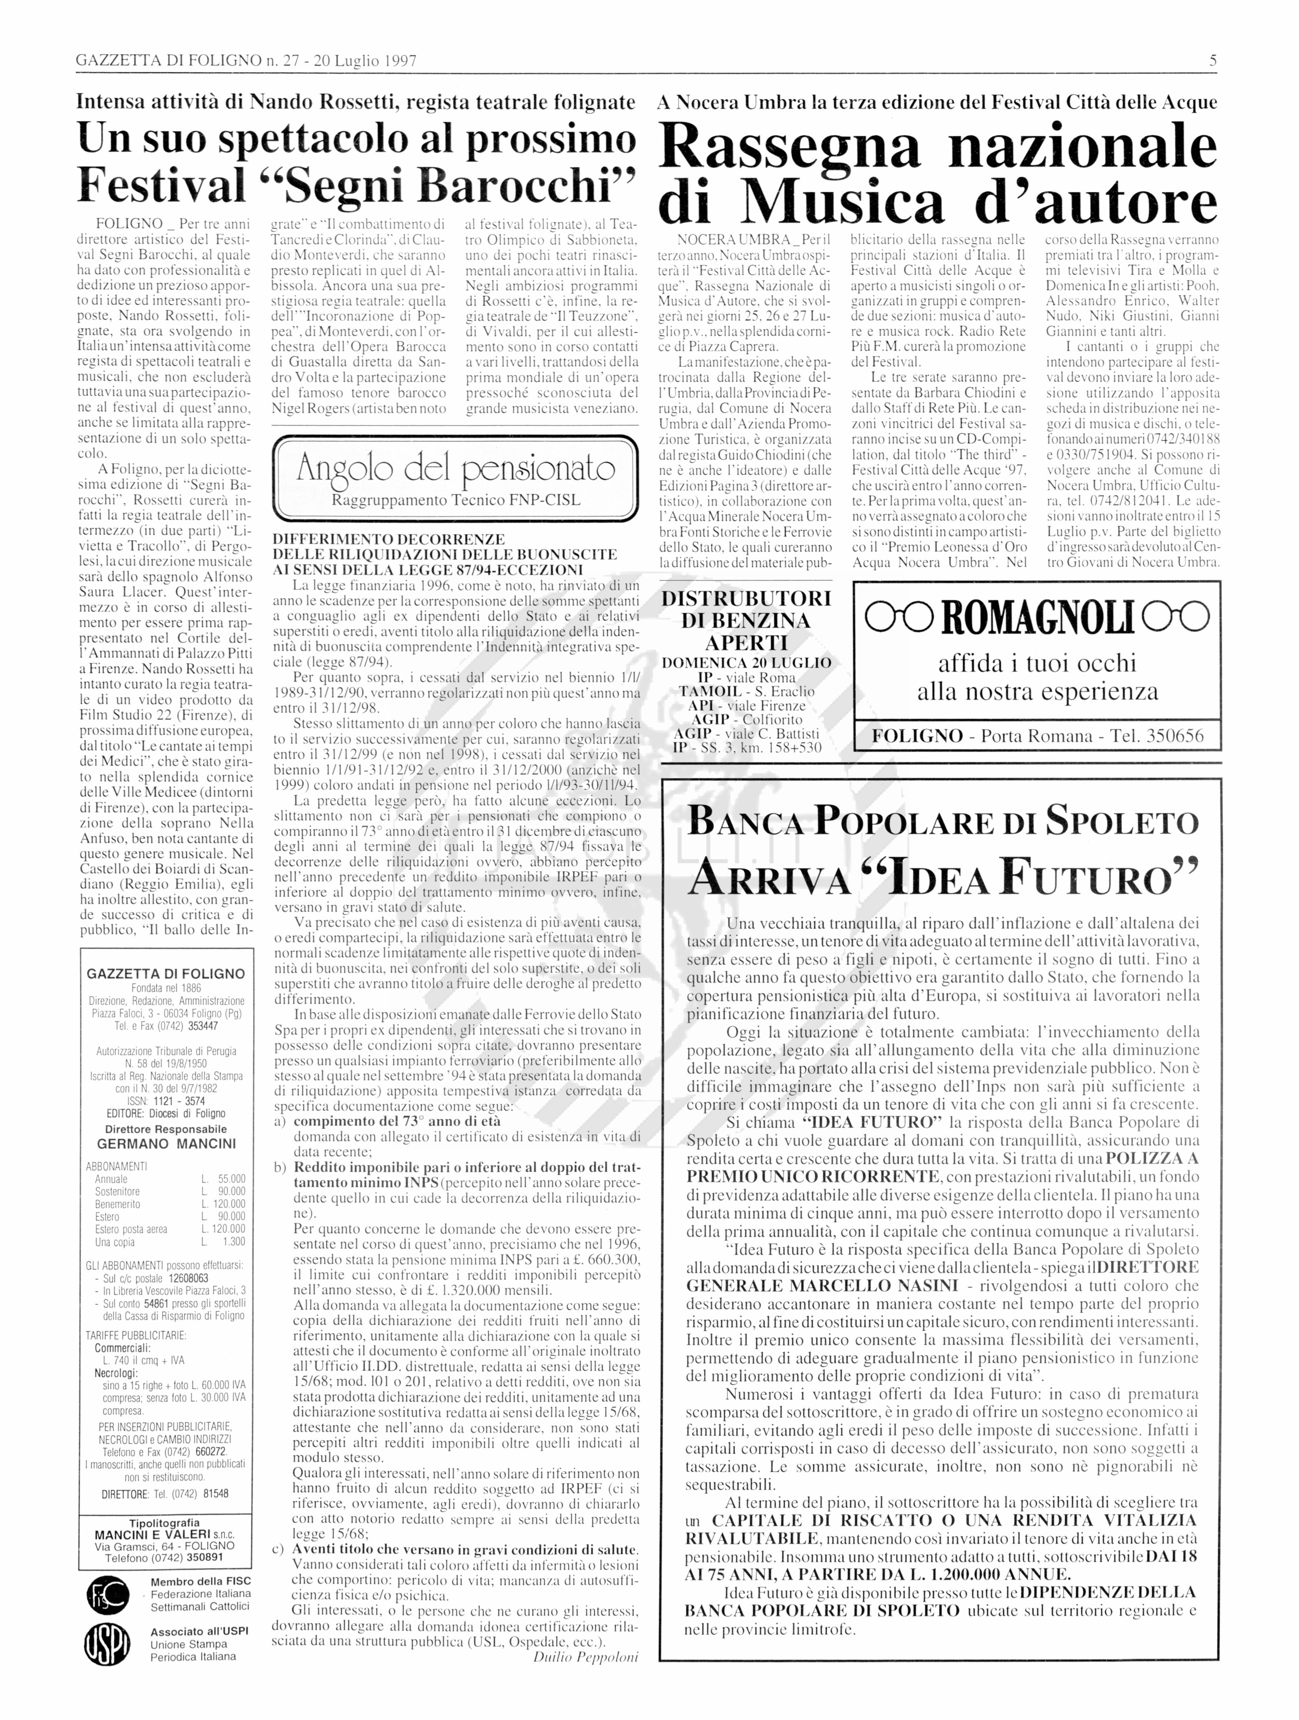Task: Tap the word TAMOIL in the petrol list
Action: point(707,691)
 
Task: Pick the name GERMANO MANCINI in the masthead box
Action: point(166,1144)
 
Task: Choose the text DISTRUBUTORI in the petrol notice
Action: point(745,599)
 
